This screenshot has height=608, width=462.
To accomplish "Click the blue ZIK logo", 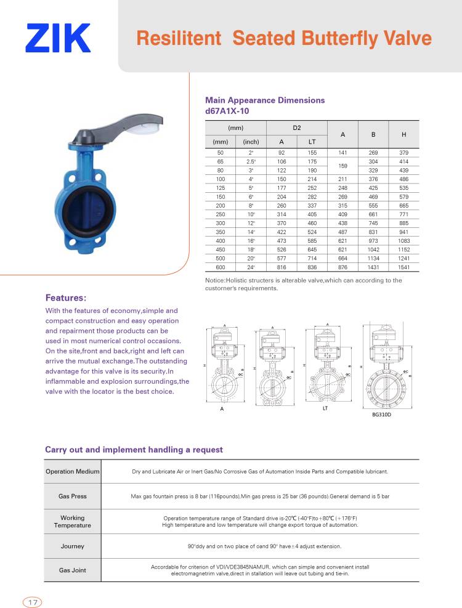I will (58, 38).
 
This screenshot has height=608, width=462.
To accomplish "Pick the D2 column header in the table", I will (296, 128).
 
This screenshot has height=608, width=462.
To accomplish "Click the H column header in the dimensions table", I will (403, 134).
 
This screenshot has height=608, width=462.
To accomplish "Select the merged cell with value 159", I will (342, 165).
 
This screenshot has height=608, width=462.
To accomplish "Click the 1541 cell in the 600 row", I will (403, 267).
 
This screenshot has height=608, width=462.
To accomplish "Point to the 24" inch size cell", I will (251, 267).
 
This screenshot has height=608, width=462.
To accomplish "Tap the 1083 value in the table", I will (403, 241).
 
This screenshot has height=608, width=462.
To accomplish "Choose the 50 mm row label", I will (221, 152).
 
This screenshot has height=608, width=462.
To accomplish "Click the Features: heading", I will (66, 298).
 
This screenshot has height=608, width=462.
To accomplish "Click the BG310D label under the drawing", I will (382, 415).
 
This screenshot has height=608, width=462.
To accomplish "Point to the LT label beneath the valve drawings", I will (325, 408).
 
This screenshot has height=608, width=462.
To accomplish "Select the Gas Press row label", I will (73, 496).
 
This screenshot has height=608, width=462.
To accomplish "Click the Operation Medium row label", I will (73, 471).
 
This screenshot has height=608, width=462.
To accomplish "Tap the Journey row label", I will (73, 546).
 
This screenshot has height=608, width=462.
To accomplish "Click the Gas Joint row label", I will (73, 570).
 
